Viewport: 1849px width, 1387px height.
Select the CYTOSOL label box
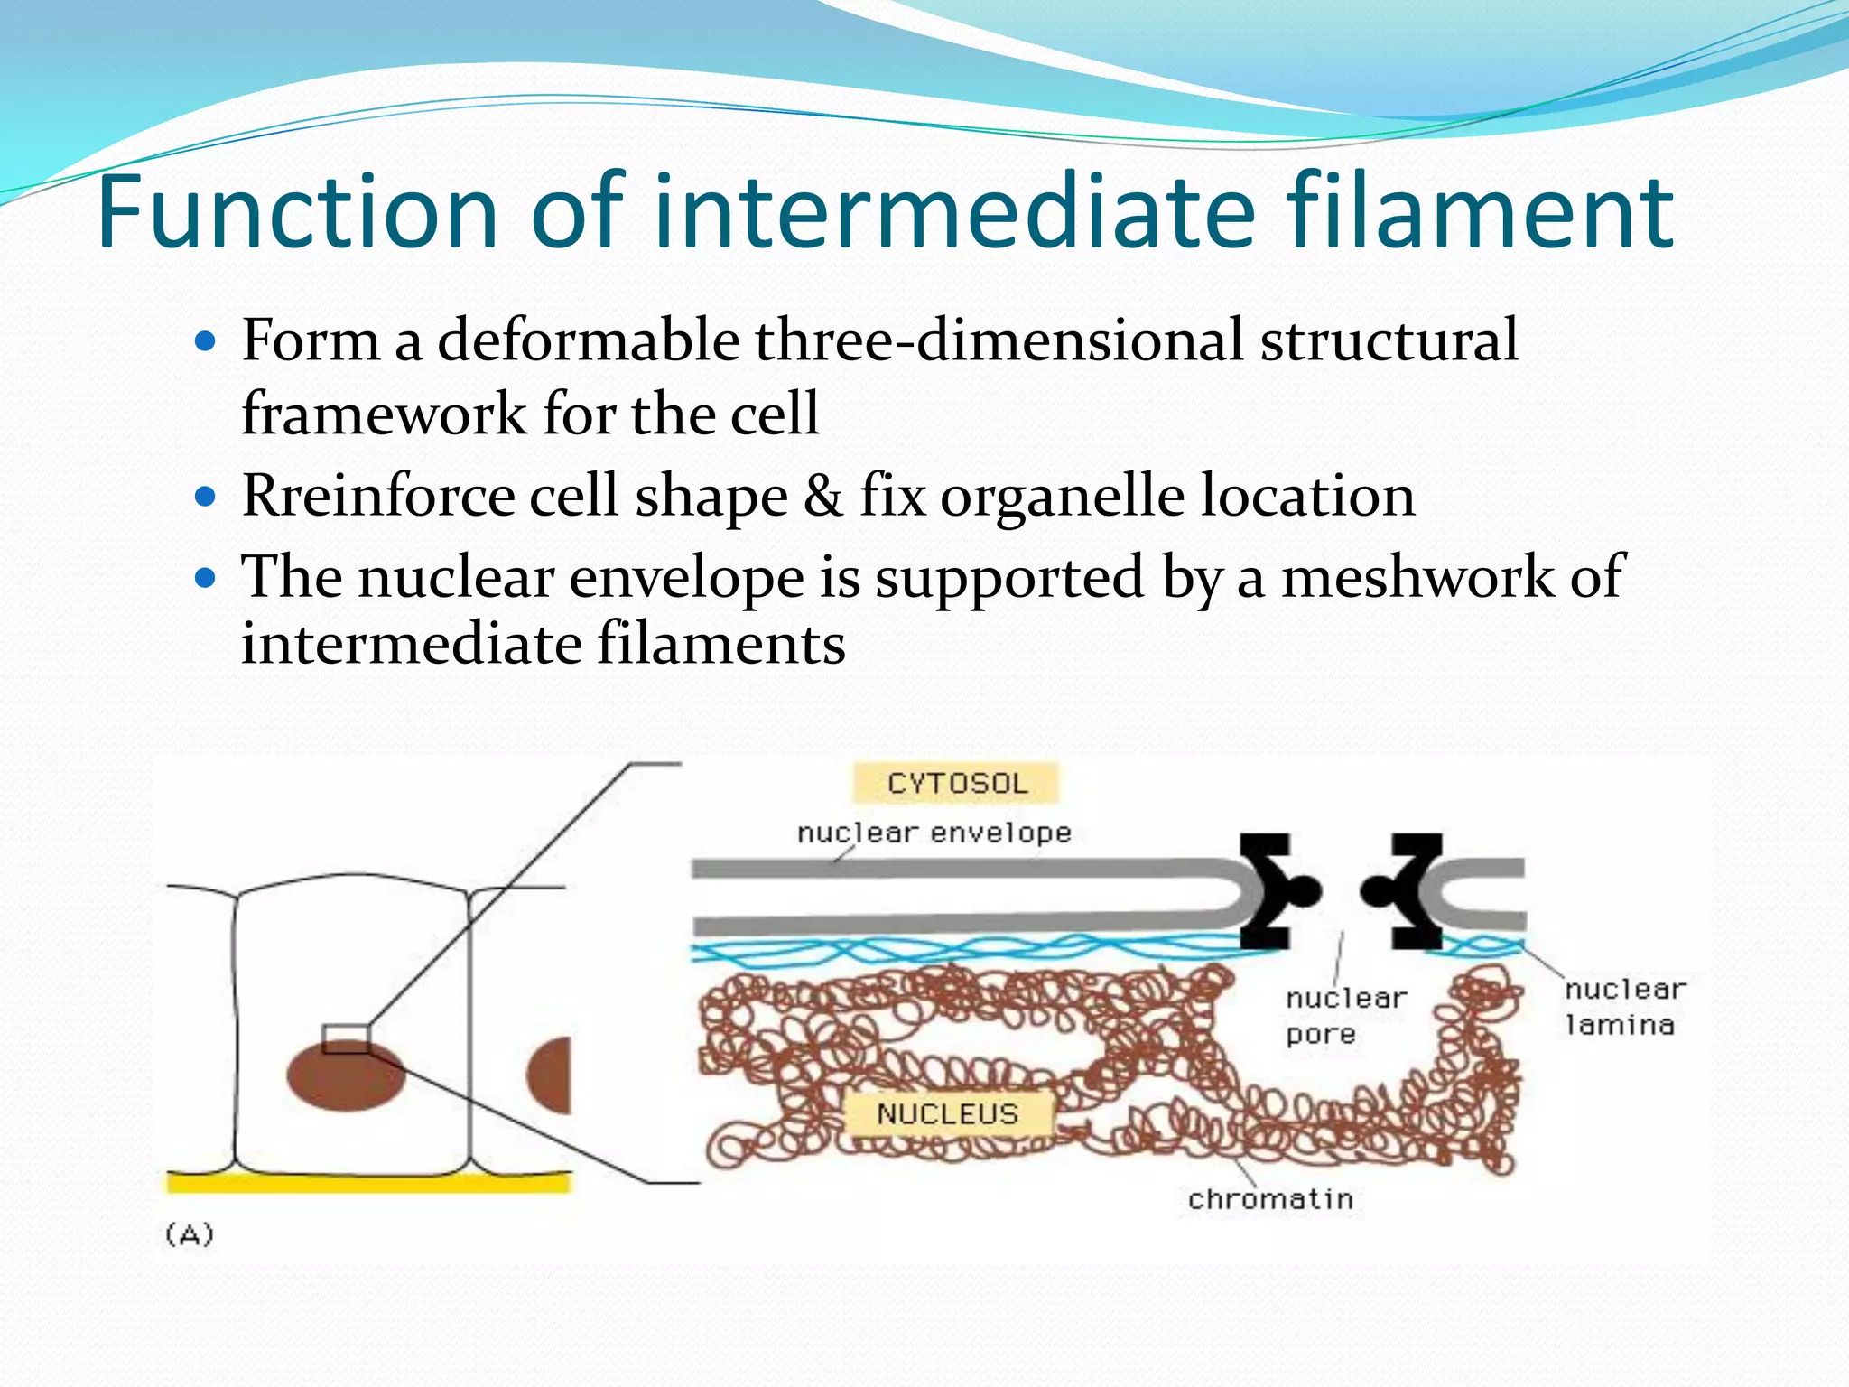956,783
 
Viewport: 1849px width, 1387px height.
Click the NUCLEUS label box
947,1113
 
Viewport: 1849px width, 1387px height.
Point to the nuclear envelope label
934,833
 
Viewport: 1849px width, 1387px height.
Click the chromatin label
1270,1199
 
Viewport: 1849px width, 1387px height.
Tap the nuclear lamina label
1623,1007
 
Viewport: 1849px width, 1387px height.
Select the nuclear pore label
1345,1016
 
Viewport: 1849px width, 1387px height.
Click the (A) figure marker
190,1234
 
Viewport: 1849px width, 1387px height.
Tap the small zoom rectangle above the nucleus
346,1039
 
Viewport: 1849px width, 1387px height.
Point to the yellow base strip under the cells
368,1182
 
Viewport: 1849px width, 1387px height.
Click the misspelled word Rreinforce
377,496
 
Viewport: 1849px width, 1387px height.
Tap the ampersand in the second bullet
823,496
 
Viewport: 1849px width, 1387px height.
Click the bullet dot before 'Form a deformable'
206,342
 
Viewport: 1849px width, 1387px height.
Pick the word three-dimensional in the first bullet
999,340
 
